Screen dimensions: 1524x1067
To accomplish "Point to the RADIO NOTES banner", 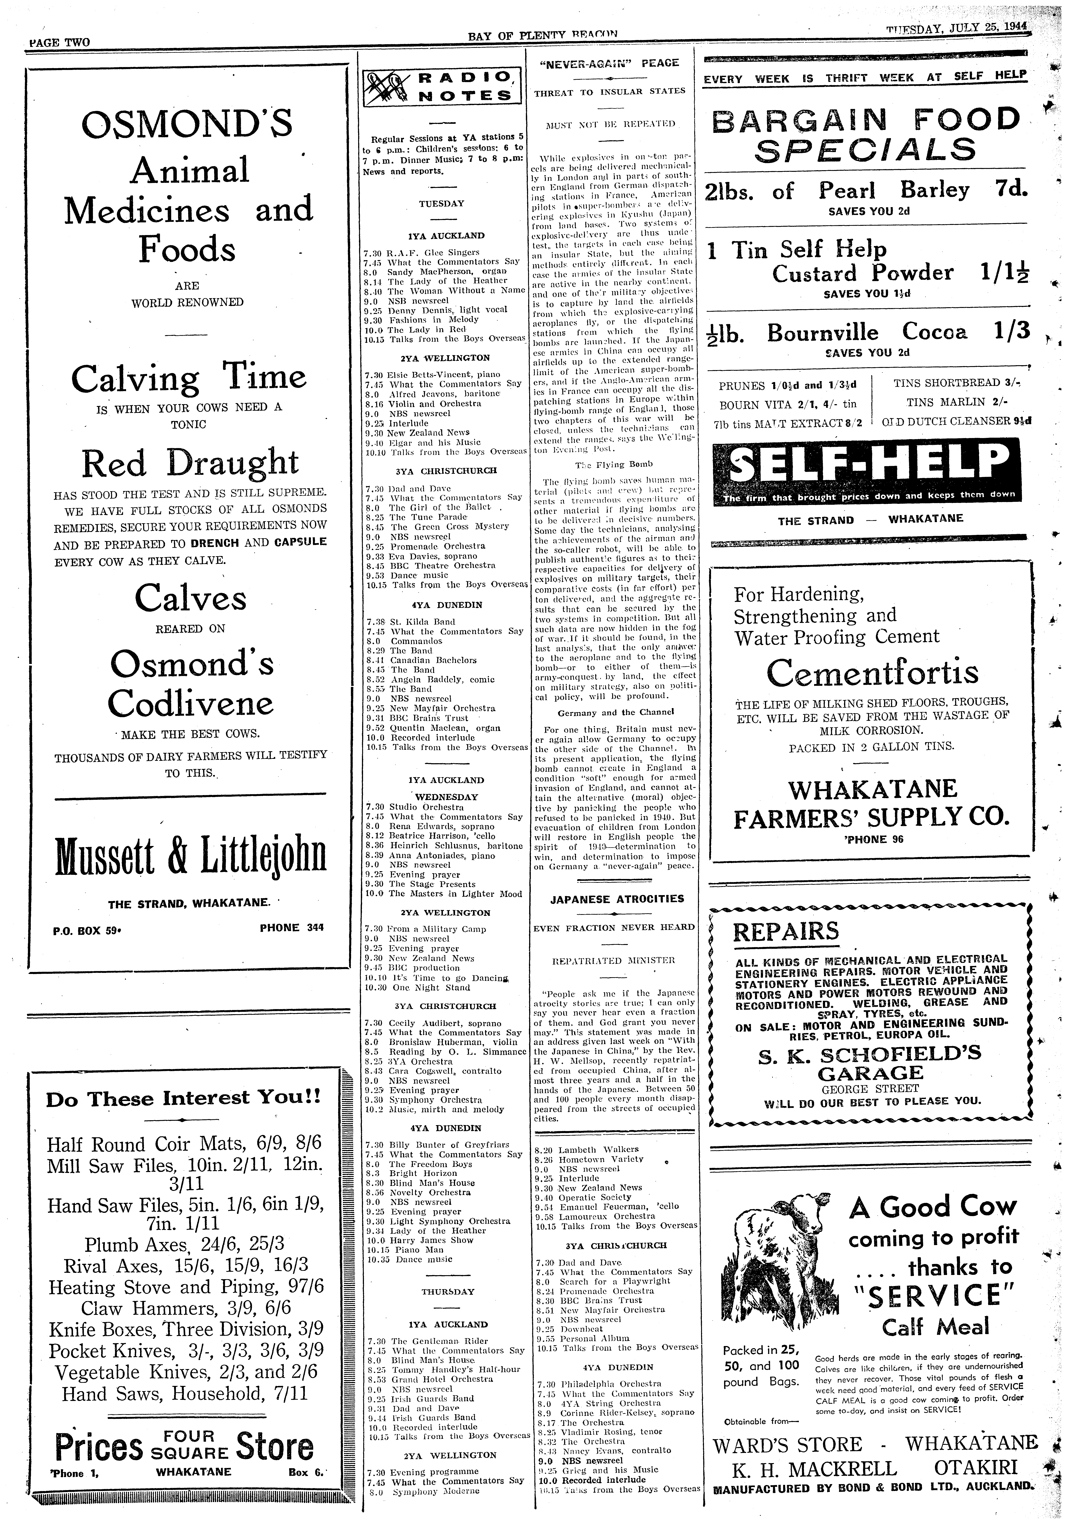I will coord(442,86).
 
